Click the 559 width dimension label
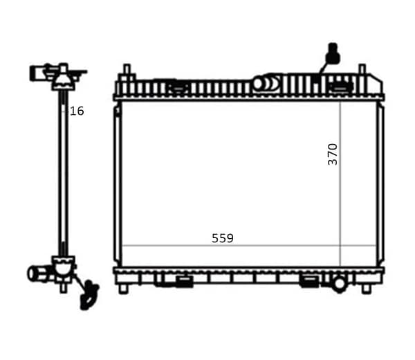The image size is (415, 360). pyautogui.click(x=223, y=238)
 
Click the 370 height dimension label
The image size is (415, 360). pyautogui.click(x=333, y=154)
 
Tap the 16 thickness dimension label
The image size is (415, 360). pyautogui.click(x=77, y=111)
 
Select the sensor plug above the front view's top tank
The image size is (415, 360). pyautogui.click(x=333, y=53)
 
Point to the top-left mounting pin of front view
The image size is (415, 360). pyautogui.click(x=127, y=71)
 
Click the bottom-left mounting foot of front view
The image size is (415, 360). pyautogui.click(x=123, y=289)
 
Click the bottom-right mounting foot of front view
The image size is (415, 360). pyautogui.click(x=367, y=289)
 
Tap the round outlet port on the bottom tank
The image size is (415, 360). pyautogui.click(x=340, y=284)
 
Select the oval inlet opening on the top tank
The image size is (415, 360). pyautogui.click(x=258, y=84)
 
